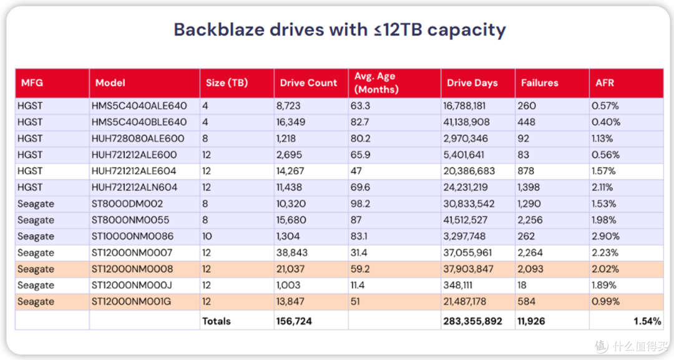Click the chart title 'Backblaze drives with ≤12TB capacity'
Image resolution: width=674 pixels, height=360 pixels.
(x=339, y=30)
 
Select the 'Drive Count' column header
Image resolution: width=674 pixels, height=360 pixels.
(x=308, y=83)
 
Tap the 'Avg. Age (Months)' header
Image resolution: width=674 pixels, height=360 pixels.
(x=376, y=83)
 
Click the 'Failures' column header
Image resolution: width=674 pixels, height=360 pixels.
(x=539, y=83)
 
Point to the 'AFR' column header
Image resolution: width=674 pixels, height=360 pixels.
(x=604, y=83)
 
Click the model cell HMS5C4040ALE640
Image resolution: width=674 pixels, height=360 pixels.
(x=139, y=105)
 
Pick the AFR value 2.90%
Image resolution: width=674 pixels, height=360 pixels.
(x=605, y=236)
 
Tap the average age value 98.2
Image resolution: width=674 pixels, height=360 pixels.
(x=360, y=203)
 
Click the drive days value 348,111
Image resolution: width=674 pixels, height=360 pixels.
(x=457, y=285)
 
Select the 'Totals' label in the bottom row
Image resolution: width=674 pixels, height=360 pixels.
(x=216, y=321)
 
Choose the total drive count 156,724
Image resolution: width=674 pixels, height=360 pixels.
(x=293, y=321)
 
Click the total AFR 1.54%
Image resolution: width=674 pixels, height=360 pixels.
(x=647, y=321)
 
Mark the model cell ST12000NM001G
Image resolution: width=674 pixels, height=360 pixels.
(x=131, y=301)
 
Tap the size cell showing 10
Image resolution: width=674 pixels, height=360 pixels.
(x=207, y=236)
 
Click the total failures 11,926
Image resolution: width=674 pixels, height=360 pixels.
(x=531, y=321)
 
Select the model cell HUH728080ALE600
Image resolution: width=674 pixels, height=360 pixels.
(x=137, y=139)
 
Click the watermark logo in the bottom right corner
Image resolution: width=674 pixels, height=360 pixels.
(x=602, y=346)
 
